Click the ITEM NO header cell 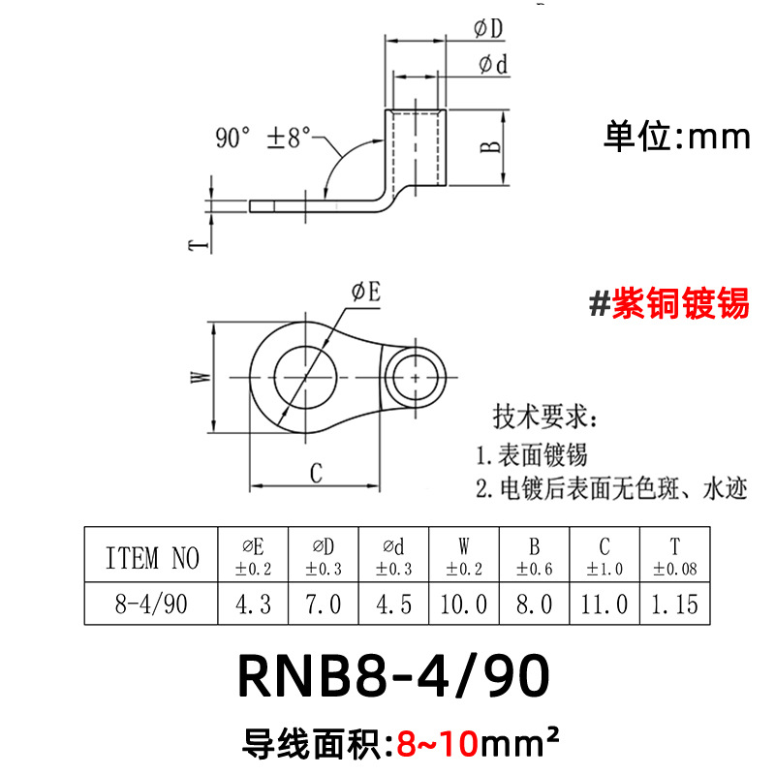(151, 557)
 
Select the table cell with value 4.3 (254, 605)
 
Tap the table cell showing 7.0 (323, 605)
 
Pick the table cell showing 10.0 (463, 605)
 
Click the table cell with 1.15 (675, 605)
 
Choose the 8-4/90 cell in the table (151, 605)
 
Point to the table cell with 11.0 (604, 605)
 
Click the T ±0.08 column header (675, 557)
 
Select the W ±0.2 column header (463, 557)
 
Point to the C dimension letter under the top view (315, 473)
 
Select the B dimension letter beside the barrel (491, 146)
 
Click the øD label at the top (489, 31)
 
